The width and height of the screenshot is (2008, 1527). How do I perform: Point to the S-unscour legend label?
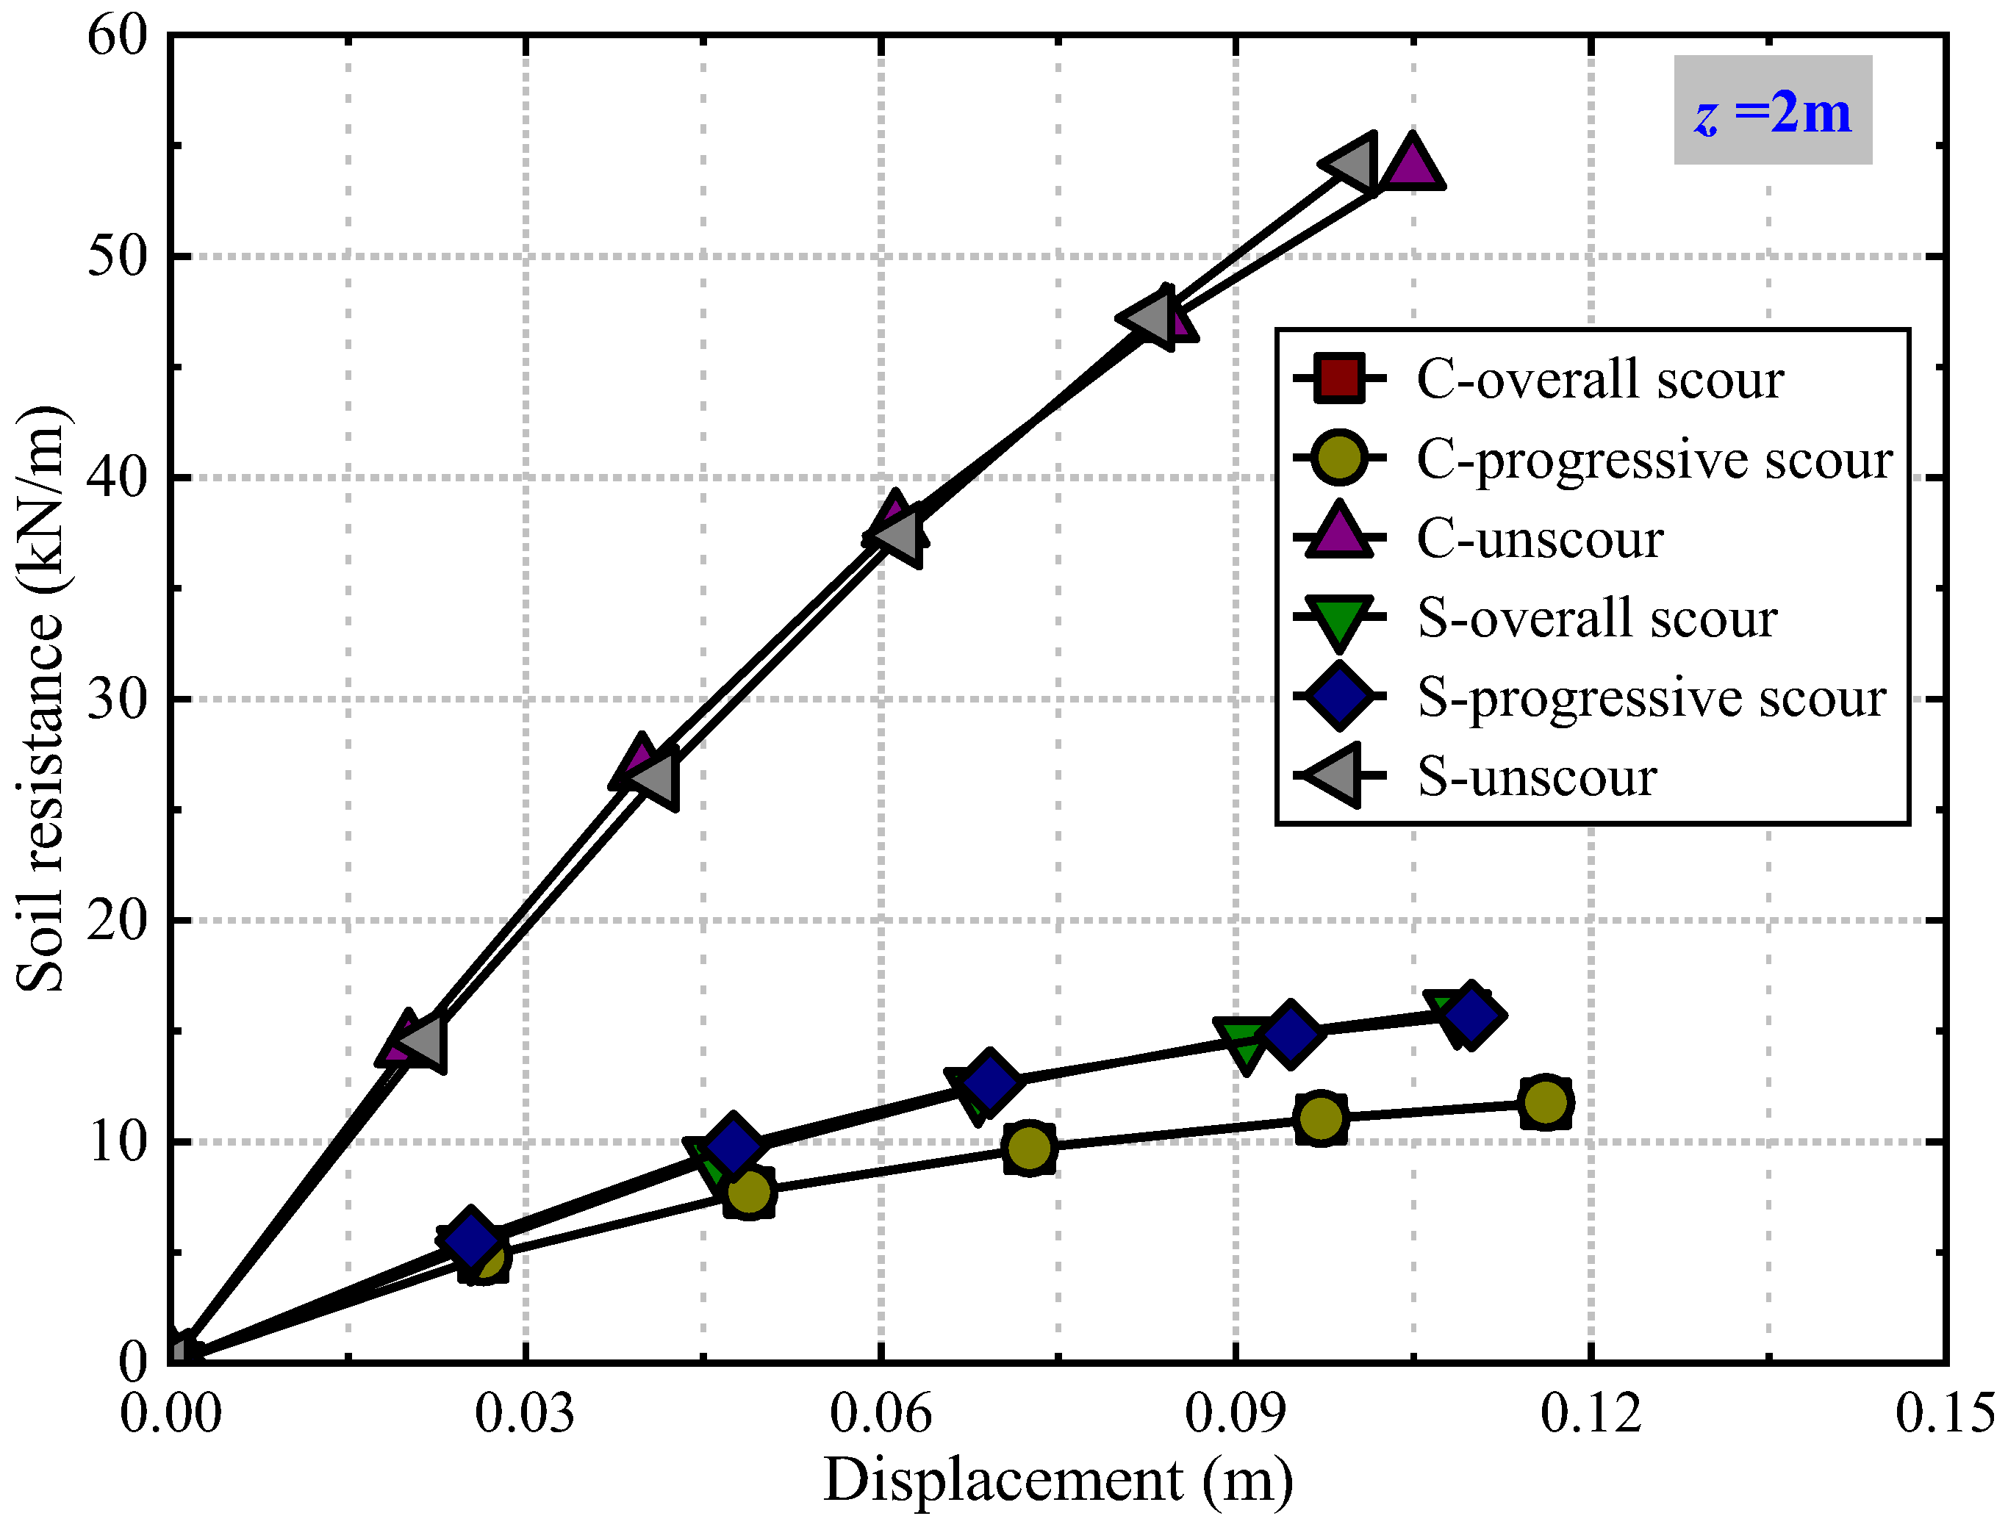pyautogui.click(x=1536, y=777)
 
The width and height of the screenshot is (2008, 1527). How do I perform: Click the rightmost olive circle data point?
pyautogui.click(x=1544, y=1102)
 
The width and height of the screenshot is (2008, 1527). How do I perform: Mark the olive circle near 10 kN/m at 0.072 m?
pyautogui.click(x=1028, y=1148)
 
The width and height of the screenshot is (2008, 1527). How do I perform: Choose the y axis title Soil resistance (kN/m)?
pyautogui.click(x=41, y=698)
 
